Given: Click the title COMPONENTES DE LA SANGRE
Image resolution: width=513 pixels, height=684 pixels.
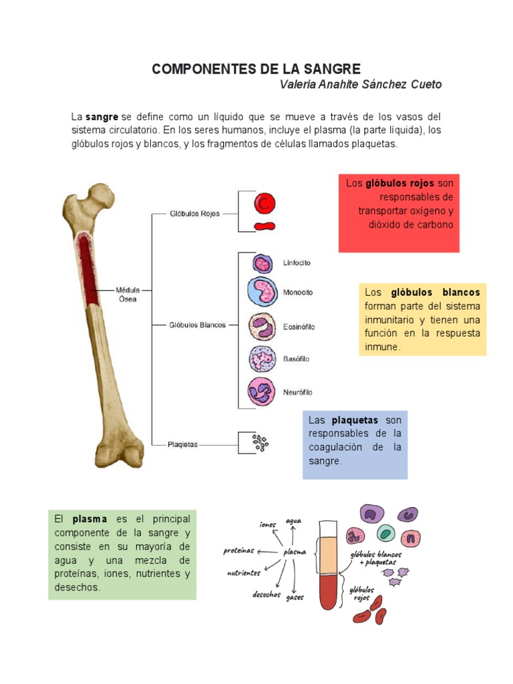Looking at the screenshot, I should (256, 69).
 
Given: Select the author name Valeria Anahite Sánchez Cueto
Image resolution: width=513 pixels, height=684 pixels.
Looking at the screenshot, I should (360, 85).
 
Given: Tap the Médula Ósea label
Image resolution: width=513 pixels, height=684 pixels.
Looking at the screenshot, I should (128, 295).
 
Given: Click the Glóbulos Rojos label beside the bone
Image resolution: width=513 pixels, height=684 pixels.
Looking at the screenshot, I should (195, 214).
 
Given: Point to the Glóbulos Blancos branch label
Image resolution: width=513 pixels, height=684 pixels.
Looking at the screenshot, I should (197, 325).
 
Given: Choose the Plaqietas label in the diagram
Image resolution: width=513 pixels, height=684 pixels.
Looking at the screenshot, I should (182, 444).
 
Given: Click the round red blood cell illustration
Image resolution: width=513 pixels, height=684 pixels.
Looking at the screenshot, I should (265, 202).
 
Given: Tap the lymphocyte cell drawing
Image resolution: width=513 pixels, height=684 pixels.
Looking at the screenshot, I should (263, 263).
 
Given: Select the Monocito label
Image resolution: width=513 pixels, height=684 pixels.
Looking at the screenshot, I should (297, 293).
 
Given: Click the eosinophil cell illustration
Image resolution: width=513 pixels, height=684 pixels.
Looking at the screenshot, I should (262, 327).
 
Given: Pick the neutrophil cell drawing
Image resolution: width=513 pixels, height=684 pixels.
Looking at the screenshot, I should (262, 391).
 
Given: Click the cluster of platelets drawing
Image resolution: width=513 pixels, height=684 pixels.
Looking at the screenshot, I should (261, 442).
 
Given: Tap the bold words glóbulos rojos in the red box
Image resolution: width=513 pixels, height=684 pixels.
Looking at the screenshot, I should (399, 183).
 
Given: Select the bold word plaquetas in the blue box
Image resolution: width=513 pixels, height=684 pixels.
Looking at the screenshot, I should (355, 420).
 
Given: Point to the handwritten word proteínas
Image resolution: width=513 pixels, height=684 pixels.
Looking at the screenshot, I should (239, 551).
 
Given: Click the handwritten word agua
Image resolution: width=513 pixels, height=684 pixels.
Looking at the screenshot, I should (293, 520).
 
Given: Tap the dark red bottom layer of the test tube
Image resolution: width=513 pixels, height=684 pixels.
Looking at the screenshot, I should (329, 591).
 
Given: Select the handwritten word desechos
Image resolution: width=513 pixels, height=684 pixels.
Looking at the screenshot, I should (266, 594).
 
